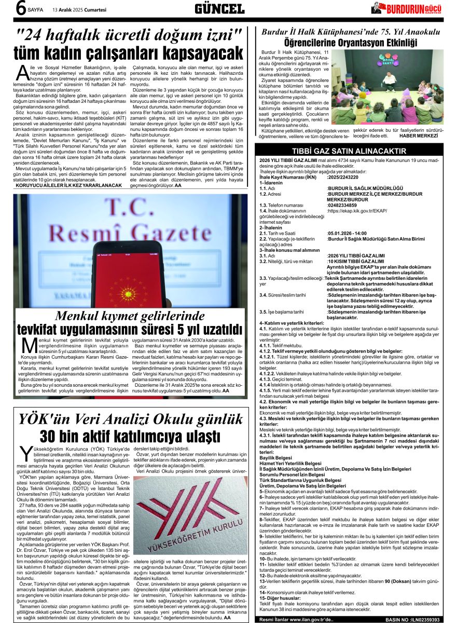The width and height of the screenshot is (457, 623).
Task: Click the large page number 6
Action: point(20,9)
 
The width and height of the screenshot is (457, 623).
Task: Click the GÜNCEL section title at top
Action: point(219,9)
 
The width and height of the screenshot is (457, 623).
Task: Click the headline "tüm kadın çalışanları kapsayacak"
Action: point(128,53)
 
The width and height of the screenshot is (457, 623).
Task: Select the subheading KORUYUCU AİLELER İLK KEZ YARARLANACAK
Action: point(69,185)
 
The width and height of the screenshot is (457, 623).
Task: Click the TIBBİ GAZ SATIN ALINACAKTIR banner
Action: point(355,151)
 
